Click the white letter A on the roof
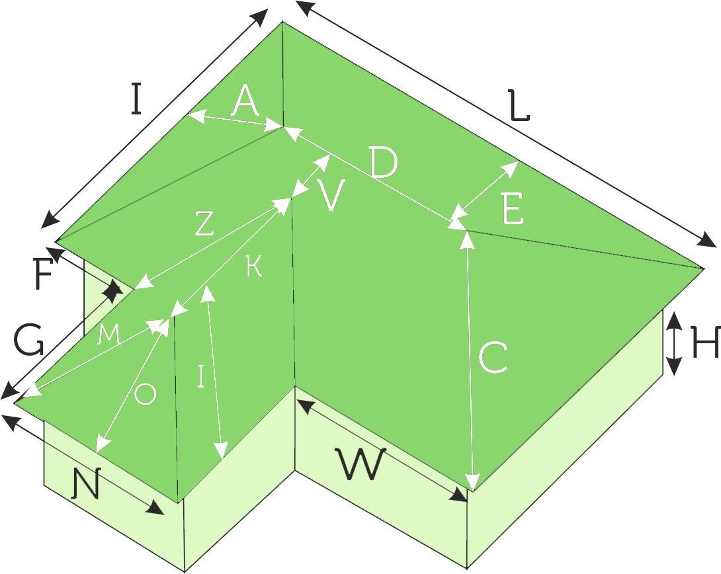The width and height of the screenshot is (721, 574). tap(245, 102)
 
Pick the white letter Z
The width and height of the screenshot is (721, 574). tap(204, 225)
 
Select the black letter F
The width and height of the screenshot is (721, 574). tap(42, 276)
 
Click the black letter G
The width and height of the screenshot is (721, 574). tap(29, 342)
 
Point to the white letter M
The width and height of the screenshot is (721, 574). tap(109, 335)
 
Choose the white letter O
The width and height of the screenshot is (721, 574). tap(145, 395)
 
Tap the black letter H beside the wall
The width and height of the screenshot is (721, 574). tap(705, 344)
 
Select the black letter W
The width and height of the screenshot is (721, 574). tap(360, 464)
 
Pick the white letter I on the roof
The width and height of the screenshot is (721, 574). tap(202, 376)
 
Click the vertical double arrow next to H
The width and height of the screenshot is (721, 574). tap(673, 344)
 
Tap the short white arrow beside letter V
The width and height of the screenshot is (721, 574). tap(311, 175)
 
